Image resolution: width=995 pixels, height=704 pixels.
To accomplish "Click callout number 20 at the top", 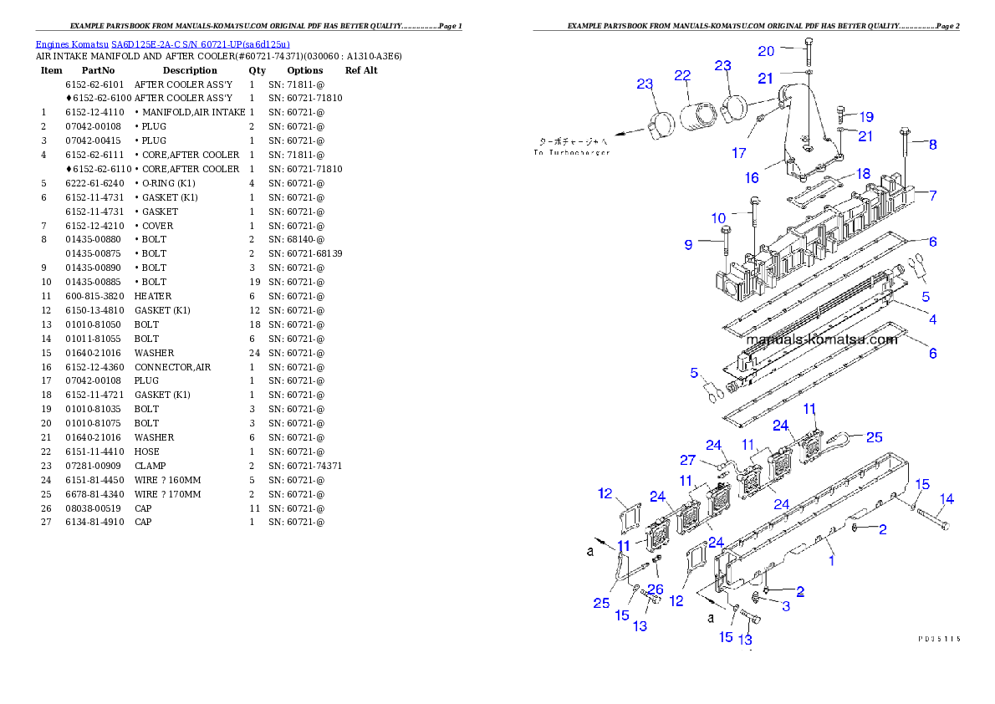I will pyautogui.click(x=766, y=51).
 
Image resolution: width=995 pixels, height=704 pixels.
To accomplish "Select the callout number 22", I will pyautogui.click(x=682, y=75).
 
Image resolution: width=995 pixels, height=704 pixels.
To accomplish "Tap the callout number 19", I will pyautogui.click(x=865, y=117).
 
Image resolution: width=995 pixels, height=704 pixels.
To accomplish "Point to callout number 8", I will pyautogui.click(x=932, y=145).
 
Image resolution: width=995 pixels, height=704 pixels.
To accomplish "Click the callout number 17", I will pyautogui.click(x=739, y=153).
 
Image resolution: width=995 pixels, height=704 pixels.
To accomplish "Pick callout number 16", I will pyautogui.click(x=752, y=178).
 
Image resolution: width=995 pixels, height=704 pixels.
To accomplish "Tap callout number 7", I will pyautogui.click(x=932, y=196).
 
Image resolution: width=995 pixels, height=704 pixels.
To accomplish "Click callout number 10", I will pyautogui.click(x=718, y=218).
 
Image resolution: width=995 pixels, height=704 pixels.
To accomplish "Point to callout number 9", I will pyautogui.click(x=688, y=245).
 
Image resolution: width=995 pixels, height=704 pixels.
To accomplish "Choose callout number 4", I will pyautogui.click(x=932, y=319).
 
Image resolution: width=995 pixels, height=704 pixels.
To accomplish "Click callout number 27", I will pyautogui.click(x=687, y=460).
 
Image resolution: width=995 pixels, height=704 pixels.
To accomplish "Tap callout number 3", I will pyautogui.click(x=786, y=606).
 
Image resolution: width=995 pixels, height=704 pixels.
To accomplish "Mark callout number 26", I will pyautogui.click(x=656, y=589).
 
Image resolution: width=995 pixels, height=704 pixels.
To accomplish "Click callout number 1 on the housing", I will pyautogui.click(x=831, y=561).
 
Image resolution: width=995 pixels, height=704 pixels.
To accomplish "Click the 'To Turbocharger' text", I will pyautogui.click(x=573, y=152).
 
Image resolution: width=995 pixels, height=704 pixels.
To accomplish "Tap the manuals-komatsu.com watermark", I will pyautogui.click(x=820, y=339).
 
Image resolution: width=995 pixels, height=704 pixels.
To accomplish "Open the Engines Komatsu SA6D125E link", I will pyautogui.click(x=162, y=44).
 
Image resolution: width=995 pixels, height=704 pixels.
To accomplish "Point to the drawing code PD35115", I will pyautogui.click(x=938, y=638).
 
